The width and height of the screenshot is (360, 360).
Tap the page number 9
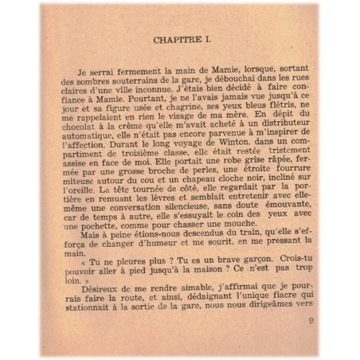(x=308, y=321)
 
